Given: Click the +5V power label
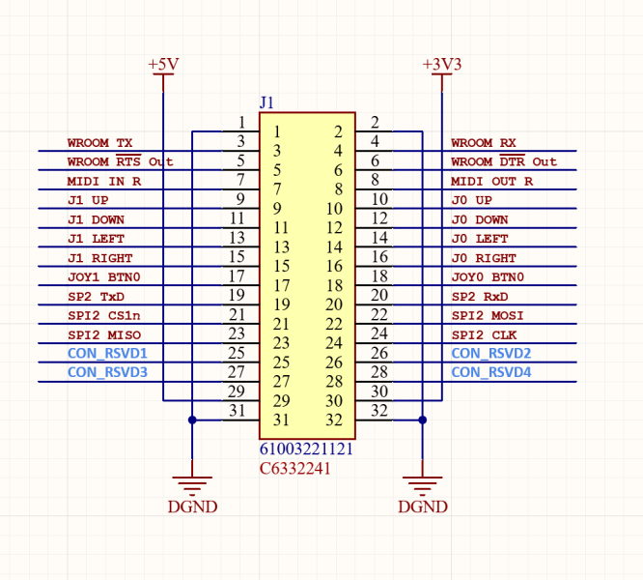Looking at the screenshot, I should (x=163, y=64).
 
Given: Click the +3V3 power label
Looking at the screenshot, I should (x=442, y=64).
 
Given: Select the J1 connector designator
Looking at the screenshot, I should (x=267, y=102).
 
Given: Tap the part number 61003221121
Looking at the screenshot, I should (x=306, y=449).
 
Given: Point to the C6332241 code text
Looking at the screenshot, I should (x=295, y=469).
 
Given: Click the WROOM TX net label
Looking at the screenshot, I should (x=99, y=143).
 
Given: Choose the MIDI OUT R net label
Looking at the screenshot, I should (x=491, y=181).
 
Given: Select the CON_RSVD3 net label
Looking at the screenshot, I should (x=107, y=372).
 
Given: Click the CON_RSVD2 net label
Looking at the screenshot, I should (x=491, y=354).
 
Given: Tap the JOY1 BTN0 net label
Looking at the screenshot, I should (x=99, y=277).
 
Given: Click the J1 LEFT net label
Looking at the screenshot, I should (x=96, y=239).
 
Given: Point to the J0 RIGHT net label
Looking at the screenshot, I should (x=483, y=258).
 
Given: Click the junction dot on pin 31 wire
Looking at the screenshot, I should (x=192, y=420).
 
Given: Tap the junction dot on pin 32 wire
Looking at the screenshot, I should (x=423, y=420).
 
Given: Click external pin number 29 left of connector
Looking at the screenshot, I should (x=237, y=391).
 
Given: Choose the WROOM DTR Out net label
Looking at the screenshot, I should (x=504, y=161).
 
